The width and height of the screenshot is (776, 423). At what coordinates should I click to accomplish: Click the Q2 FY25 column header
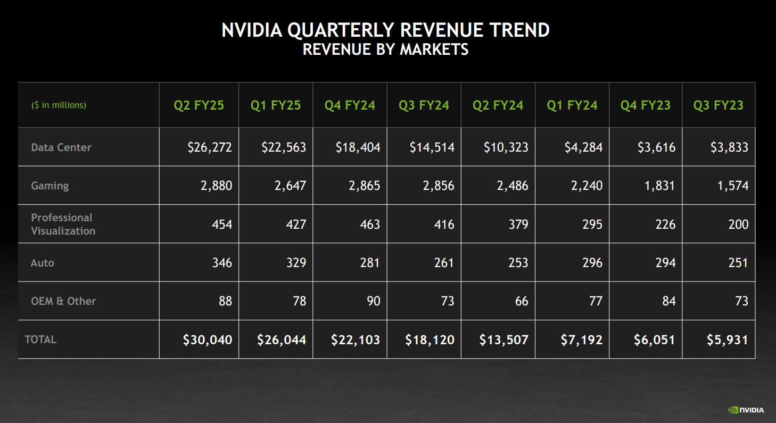pos(199,105)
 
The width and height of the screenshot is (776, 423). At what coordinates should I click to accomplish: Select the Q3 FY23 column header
pos(718,105)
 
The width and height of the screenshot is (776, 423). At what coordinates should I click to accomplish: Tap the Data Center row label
pos(61,147)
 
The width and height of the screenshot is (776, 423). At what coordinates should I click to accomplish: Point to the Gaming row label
pos(50,186)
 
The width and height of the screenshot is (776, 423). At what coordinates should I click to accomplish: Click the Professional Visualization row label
pos(63,224)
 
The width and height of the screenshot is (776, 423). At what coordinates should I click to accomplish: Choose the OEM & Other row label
pos(63,301)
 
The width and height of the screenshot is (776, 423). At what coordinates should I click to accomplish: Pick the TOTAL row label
pos(40,339)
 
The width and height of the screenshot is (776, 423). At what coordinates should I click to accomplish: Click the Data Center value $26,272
pos(209,147)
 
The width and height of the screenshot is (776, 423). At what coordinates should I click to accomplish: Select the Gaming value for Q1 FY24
pos(584,186)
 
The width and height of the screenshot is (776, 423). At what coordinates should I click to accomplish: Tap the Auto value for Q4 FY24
pos(369,262)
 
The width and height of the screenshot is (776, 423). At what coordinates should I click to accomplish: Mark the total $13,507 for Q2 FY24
pos(503,339)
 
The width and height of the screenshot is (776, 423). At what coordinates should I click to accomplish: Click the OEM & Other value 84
pos(668,301)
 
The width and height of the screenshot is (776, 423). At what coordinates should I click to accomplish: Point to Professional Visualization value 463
pos(369,224)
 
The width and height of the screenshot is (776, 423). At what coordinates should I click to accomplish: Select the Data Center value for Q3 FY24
pos(432,147)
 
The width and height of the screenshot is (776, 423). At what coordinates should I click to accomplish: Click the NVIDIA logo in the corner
pos(746,410)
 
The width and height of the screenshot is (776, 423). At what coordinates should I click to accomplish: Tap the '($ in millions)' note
pos(59,105)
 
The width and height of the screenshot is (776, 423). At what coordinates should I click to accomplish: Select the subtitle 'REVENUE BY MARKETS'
pos(385,49)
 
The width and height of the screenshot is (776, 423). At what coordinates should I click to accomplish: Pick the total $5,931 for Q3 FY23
pos(727,339)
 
